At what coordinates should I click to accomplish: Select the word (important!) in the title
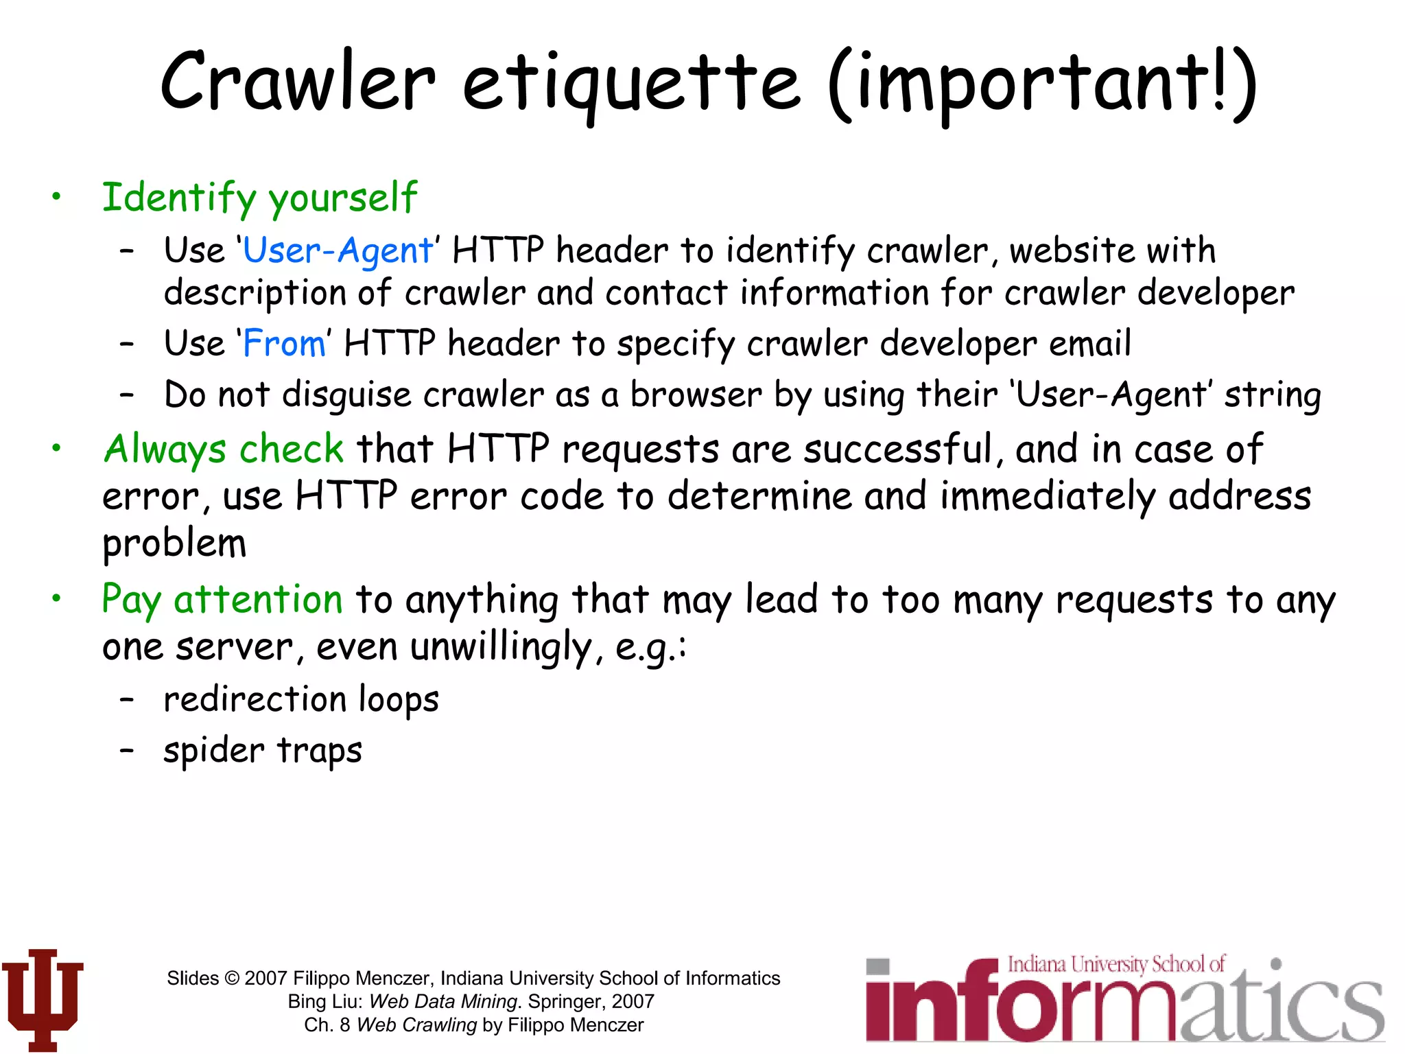(1043, 86)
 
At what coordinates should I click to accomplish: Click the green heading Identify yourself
(259, 198)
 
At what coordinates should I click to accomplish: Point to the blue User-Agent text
(338, 250)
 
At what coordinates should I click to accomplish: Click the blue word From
(284, 343)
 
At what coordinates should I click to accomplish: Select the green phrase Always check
(223, 449)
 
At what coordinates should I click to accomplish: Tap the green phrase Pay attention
(222, 599)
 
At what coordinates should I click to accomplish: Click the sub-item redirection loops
(300, 699)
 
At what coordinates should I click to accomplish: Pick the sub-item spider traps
(262, 750)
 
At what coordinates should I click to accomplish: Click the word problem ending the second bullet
(174, 544)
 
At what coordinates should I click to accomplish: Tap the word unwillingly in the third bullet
(501, 647)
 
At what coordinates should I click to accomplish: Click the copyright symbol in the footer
(232, 979)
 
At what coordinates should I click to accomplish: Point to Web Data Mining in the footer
(442, 1002)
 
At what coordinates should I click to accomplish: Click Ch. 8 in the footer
(327, 1025)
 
